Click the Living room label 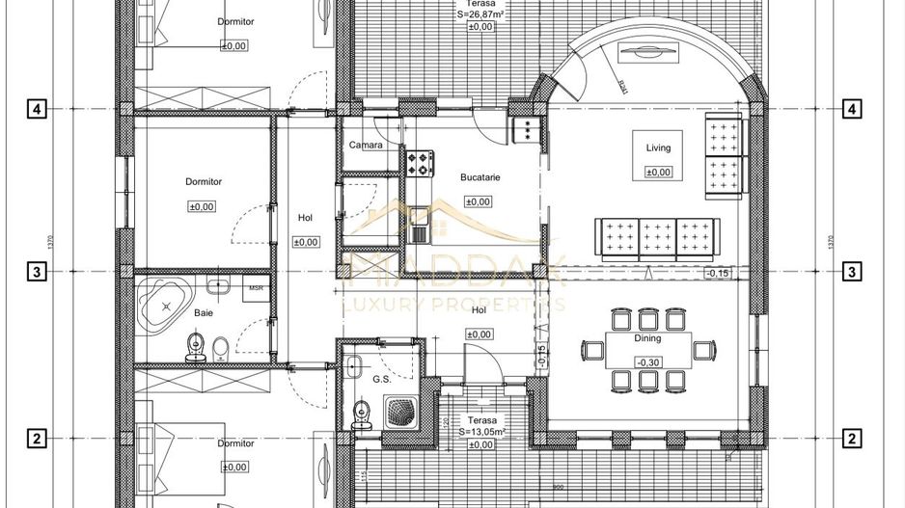tap(657, 147)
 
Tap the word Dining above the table tap(647, 339)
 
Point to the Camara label tap(366, 146)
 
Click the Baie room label tap(204, 312)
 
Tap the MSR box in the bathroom tap(257, 288)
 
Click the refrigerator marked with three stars tap(528, 130)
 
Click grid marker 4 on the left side tap(37, 109)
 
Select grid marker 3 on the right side tap(852, 272)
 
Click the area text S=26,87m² tap(480, 14)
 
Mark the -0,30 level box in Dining tap(646, 361)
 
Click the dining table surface tap(647, 349)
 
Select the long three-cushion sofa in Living tap(657, 237)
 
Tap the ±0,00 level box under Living tap(657, 172)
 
